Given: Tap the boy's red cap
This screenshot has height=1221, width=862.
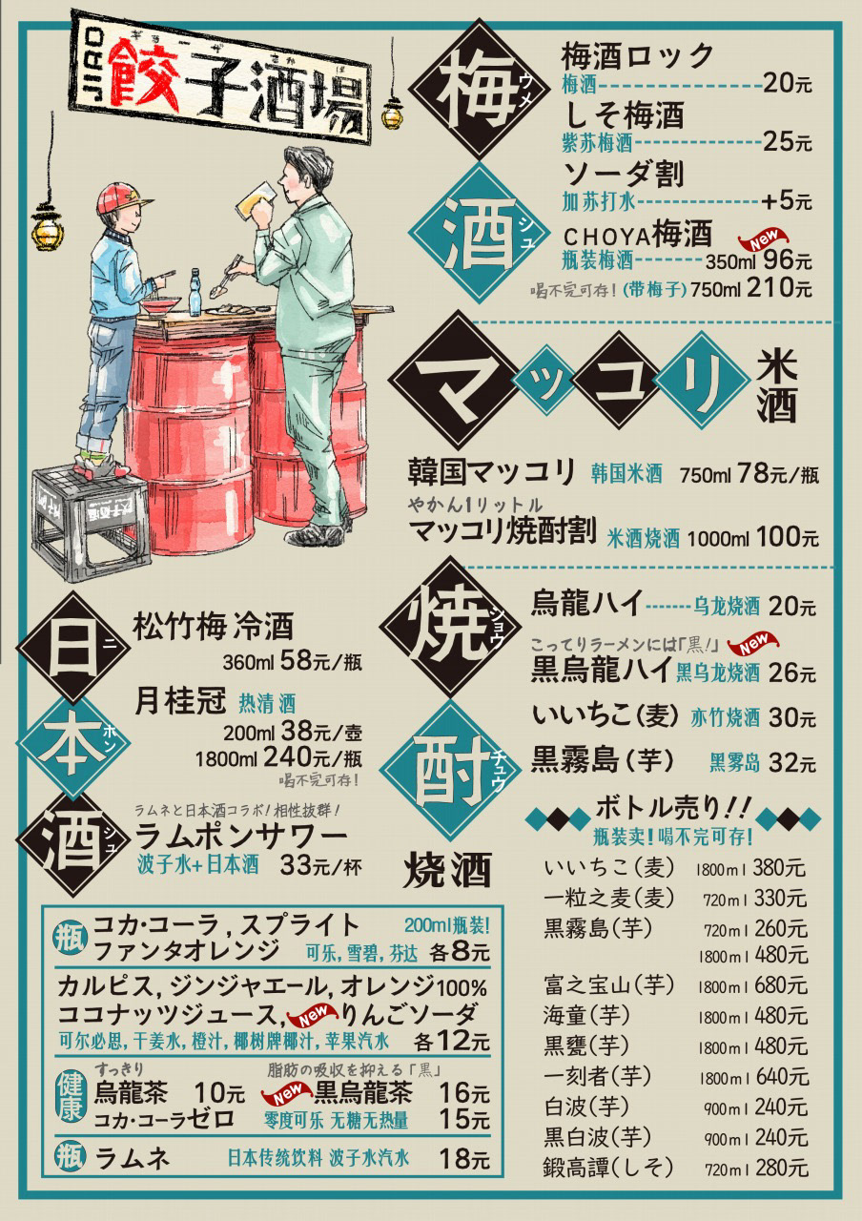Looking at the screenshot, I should point(122,197).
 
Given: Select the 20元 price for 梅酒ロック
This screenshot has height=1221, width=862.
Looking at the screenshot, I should point(787,84).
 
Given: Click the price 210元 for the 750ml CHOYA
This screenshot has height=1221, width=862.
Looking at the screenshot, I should point(779,287).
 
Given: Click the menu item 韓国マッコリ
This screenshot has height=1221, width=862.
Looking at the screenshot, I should point(492,471).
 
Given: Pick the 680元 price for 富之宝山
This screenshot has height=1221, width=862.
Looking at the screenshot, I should point(779,983).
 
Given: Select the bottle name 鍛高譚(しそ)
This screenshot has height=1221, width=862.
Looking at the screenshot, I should point(609,1166).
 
